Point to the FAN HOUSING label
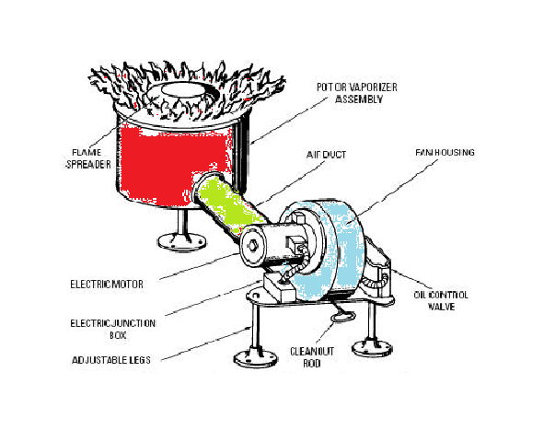(x=446, y=152)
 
